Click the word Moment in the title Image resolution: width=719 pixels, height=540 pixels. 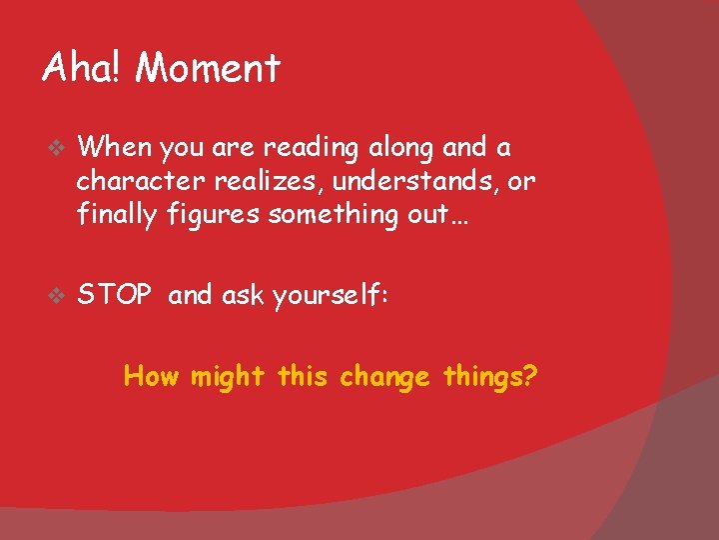click(x=208, y=68)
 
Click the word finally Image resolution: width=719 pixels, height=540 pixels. click(x=116, y=214)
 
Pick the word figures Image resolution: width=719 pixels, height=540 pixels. click(x=209, y=215)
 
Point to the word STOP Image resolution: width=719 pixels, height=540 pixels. click(x=115, y=295)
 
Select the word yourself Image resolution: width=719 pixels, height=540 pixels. click(x=326, y=296)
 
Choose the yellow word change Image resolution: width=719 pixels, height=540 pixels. click(x=384, y=378)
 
